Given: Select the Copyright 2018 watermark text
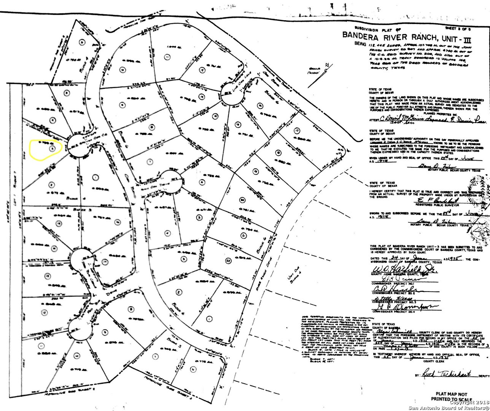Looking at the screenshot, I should click(x=468, y=402).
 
